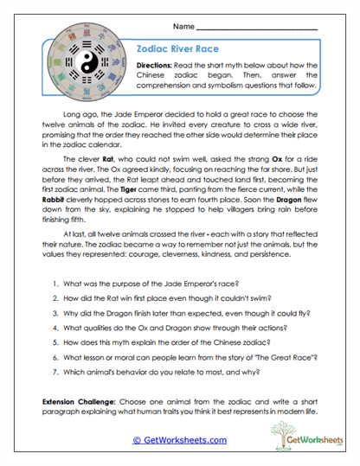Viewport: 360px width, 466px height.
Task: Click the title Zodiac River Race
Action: (x=177, y=51)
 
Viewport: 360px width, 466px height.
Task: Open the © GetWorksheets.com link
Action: (x=180, y=440)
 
